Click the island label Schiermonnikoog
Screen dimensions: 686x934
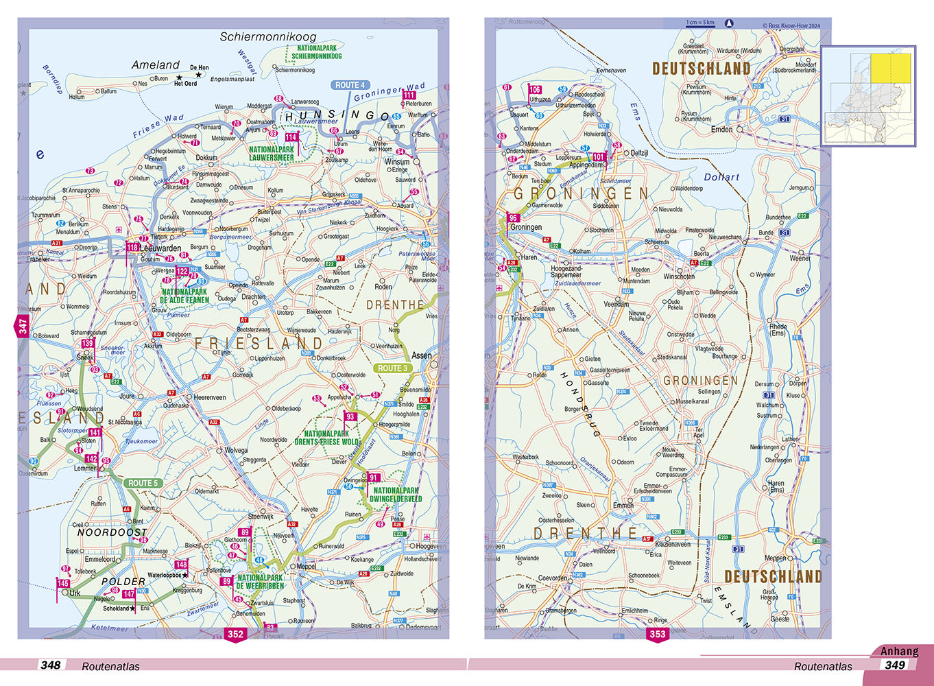pyautogui.click(x=268, y=37)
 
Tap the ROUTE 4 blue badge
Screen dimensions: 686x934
pyautogui.click(x=350, y=85)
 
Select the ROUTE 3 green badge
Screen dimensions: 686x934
pyautogui.click(x=392, y=368)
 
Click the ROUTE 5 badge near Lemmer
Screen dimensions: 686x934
pyautogui.click(x=143, y=483)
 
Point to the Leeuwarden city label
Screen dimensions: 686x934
pyautogui.click(x=162, y=248)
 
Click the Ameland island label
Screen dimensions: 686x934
pyautogui.click(x=155, y=65)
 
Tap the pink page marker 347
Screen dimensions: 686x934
pyautogui.click(x=23, y=327)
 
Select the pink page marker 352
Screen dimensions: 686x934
pyautogui.click(x=235, y=634)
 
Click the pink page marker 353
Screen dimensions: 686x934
pyautogui.click(x=657, y=634)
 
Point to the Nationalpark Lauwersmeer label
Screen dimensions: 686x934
pyautogui.click(x=271, y=154)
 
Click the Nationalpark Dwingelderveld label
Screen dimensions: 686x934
pyautogui.click(x=396, y=495)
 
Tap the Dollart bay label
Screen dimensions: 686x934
pyautogui.click(x=721, y=177)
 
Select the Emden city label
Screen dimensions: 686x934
pyautogui.click(x=721, y=129)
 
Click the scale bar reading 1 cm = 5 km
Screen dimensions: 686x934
pyautogui.click(x=700, y=23)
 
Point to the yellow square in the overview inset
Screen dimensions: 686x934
pyautogui.click(x=890, y=69)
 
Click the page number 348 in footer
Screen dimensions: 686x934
pyautogui.click(x=50, y=665)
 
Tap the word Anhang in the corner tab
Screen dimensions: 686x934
pyautogui.click(x=899, y=652)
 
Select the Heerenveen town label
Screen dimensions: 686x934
pyautogui.click(x=210, y=397)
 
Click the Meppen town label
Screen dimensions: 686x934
pyautogui.click(x=776, y=558)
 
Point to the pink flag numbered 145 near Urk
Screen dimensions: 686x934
pyautogui.click(x=63, y=584)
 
